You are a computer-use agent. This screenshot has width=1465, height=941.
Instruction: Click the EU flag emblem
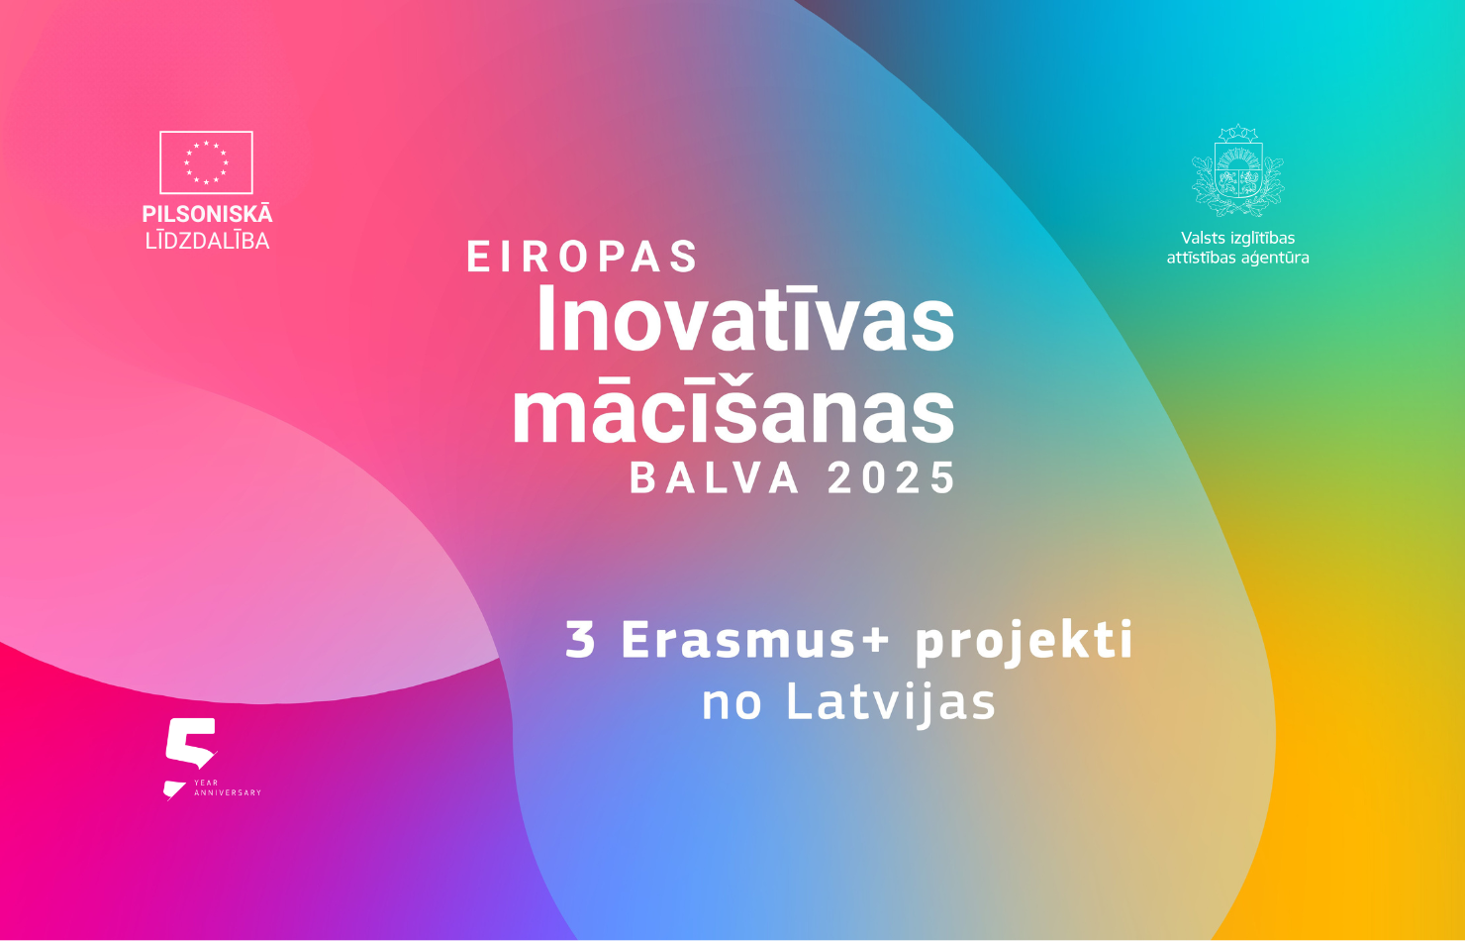point(206,162)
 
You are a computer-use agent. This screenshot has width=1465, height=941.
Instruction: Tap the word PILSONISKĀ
point(207,213)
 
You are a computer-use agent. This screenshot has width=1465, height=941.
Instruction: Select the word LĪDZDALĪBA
point(207,241)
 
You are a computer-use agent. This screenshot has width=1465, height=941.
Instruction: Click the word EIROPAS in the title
point(582,256)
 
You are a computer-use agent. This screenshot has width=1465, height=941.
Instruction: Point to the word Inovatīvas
point(745,319)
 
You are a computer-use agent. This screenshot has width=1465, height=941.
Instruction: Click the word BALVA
point(715,477)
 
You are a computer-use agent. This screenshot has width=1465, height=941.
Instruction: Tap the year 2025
point(892,477)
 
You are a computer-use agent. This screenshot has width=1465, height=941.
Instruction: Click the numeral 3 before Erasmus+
point(580,639)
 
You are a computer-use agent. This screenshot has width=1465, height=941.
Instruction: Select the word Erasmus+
point(754,639)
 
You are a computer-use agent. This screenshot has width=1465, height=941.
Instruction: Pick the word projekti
point(1024,642)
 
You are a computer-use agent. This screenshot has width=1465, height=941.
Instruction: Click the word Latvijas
point(891,703)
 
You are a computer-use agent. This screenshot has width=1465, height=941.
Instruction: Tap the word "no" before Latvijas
point(732,706)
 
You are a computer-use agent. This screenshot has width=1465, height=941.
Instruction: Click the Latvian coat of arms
point(1237,170)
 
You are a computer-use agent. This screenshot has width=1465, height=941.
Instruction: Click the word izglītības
point(1259,238)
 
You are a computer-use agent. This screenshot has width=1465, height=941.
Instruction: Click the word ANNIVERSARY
point(228,793)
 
